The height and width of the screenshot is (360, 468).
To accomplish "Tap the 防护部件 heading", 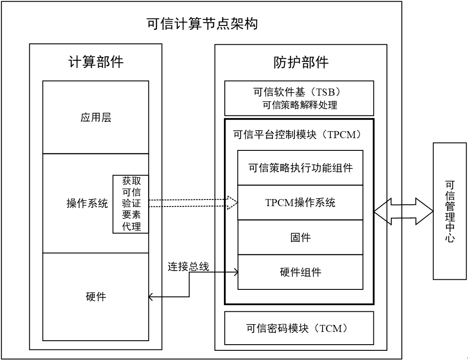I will (301, 63).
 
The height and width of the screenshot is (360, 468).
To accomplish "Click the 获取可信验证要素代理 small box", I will (131, 204).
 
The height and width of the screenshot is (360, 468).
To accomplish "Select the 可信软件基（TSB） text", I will (300, 92).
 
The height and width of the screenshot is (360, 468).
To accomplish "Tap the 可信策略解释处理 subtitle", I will (300, 105).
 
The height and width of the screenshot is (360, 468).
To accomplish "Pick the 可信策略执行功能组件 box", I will (300, 168).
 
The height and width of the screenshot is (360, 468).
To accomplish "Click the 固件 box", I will (300, 237).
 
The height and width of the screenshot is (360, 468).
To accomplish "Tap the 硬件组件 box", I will (300, 272).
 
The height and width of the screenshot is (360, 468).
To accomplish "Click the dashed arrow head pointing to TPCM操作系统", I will (232, 203).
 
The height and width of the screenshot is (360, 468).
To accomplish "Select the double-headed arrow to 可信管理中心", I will (403, 211).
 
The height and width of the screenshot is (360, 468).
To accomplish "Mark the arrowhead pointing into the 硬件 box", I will (152, 297).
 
